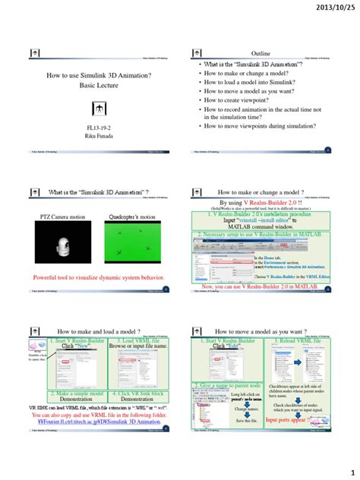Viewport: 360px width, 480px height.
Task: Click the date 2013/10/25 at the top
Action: pos(330,8)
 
